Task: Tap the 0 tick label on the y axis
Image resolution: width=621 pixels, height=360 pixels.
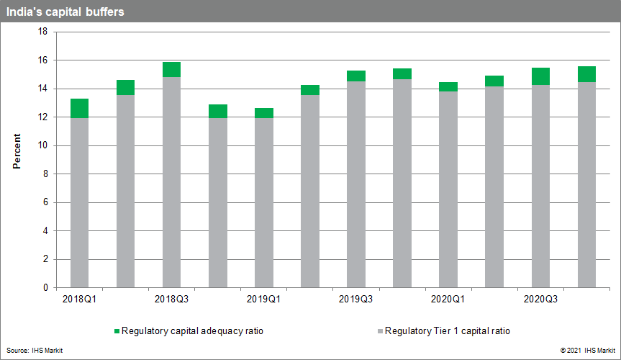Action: (x=45, y=288)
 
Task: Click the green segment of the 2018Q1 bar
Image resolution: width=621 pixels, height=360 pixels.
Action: (x=79, y=108)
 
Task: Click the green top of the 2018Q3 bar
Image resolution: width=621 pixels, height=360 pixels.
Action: (x=171, y=69)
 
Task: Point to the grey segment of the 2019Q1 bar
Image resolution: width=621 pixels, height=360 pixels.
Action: (x=263, y=202)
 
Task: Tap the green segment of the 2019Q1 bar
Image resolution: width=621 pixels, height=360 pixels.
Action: (x=263, y=112)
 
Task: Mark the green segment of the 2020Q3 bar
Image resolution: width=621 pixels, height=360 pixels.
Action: (x=540, y=76)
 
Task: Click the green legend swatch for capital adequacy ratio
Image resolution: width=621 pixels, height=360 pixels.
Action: (x=117, y=331)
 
